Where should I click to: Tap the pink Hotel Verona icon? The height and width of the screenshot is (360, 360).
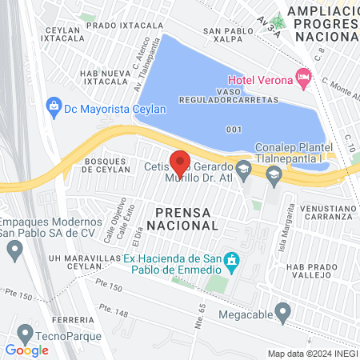(x=302, y=78)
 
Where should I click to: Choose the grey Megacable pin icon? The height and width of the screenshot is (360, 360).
(x=282, y=310)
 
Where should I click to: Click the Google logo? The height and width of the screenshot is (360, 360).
(x=27, y=350)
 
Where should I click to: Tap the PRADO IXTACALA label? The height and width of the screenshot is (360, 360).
(x=113, y=26)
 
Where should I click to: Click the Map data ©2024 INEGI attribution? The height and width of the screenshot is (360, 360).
(x=311, y=353)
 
